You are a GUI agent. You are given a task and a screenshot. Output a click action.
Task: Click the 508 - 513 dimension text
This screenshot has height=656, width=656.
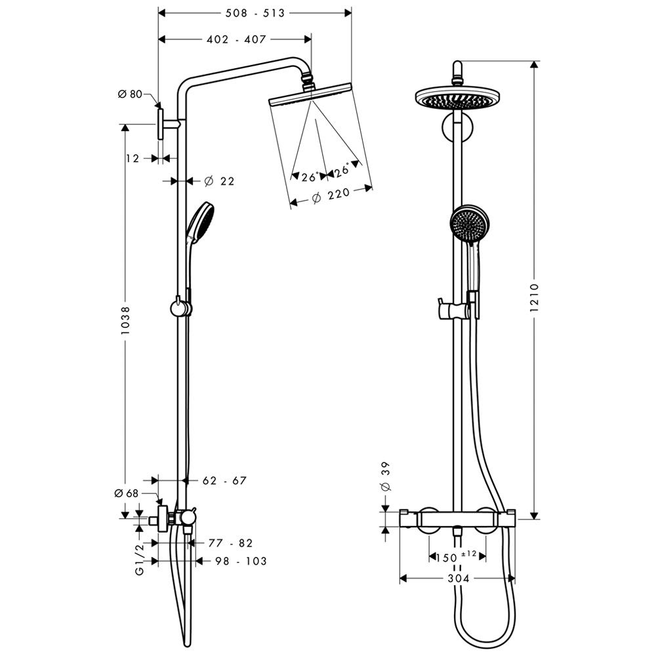(255, 13)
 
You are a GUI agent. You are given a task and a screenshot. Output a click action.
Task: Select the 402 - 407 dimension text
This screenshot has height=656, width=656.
(236, 39)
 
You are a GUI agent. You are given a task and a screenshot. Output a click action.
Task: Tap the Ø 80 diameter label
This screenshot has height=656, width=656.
(130, 94)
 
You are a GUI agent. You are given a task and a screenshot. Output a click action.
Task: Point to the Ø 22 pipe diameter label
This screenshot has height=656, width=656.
(219, 181)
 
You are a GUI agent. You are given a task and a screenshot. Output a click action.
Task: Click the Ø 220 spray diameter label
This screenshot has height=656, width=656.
(331, 195)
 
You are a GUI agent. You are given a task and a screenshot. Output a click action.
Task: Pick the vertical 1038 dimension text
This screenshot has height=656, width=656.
(125, 320)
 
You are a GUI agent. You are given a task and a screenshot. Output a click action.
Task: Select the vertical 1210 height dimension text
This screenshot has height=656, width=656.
(534, 298)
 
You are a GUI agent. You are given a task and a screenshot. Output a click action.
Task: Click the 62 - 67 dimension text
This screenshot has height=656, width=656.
(224, 481)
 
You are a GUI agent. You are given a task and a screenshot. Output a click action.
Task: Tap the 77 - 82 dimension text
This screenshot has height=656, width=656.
(230, 543)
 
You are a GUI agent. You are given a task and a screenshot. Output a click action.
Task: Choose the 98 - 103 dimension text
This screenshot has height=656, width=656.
(241, 561)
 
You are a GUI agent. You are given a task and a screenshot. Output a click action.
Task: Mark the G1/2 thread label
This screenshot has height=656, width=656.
(140, 558)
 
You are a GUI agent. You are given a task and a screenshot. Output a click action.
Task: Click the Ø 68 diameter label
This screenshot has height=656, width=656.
(127, 494)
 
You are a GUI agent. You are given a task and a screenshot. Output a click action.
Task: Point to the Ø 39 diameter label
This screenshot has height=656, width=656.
(386, 476)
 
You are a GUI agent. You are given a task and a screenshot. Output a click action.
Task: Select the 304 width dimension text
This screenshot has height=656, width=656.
(459, 579)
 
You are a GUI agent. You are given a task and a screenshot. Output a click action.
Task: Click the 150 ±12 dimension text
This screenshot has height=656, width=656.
(456, 557)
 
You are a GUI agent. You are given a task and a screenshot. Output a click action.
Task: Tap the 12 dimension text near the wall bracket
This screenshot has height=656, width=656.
(133, 159)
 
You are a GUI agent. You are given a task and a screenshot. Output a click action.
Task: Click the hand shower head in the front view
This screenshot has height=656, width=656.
(468, 224)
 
